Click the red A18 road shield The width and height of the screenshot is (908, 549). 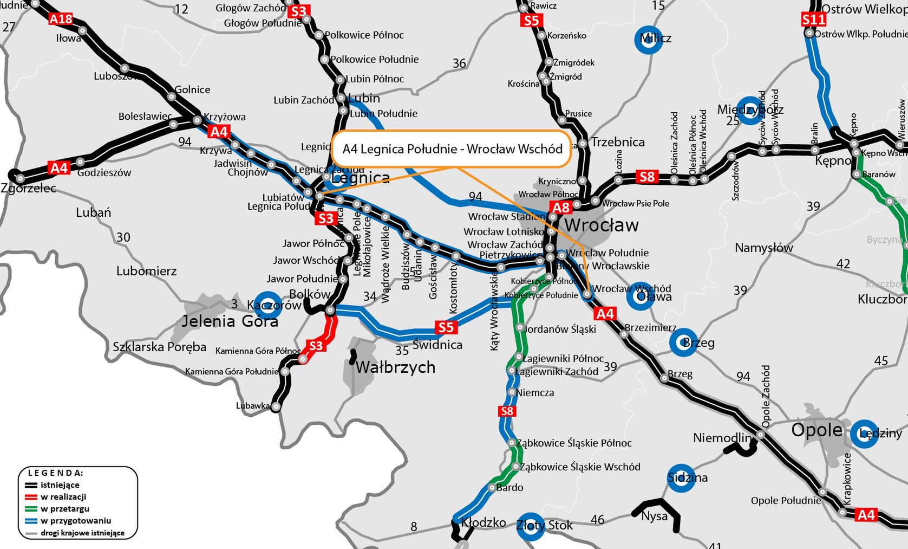click(x=61, y=19)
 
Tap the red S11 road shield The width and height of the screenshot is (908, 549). click(x=814, y=20)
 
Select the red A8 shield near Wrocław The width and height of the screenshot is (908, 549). click(x=561, y=207)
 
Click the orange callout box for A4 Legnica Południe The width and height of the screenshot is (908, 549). click(x=452, y=148)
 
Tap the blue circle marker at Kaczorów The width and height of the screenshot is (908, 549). click(x=268, y=305)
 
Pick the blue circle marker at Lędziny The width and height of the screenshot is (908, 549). click(x=864, y=434)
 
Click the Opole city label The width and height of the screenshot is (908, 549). click(x=816, y=430)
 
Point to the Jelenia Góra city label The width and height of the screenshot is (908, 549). click(x=230, y=321)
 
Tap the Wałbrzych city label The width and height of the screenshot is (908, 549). click(x=395, y=367)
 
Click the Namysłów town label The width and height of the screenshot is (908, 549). click(x=763, y=248)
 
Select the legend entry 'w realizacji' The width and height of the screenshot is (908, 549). click(x=63, y=497)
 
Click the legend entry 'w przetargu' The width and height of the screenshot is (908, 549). click(x=64, y=509)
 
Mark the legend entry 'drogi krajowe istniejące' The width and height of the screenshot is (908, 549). click(x=82, y=533)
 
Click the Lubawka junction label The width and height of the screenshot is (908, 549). click(x=253, y=405)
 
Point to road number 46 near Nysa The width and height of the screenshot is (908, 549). click(x=597, y=520)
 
